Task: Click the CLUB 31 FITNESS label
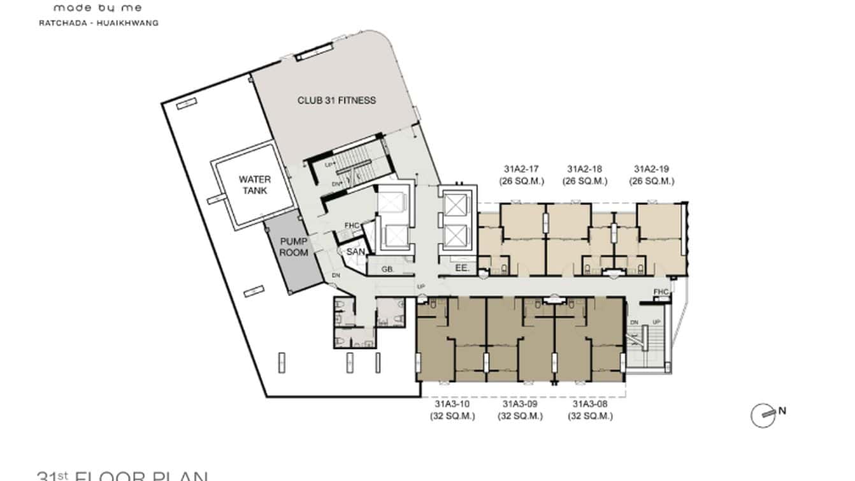337,100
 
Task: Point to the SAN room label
356,252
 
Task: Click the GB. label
386,269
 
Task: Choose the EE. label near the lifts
462,269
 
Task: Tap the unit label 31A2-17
521,169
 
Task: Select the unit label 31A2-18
585,169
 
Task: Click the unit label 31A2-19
651,169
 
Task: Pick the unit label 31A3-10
452,404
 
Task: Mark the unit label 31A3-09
520,404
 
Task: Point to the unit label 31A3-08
590,404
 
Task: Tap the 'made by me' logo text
97,8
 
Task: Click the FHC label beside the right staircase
661,292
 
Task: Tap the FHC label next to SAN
352,225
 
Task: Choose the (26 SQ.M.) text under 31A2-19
651,181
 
